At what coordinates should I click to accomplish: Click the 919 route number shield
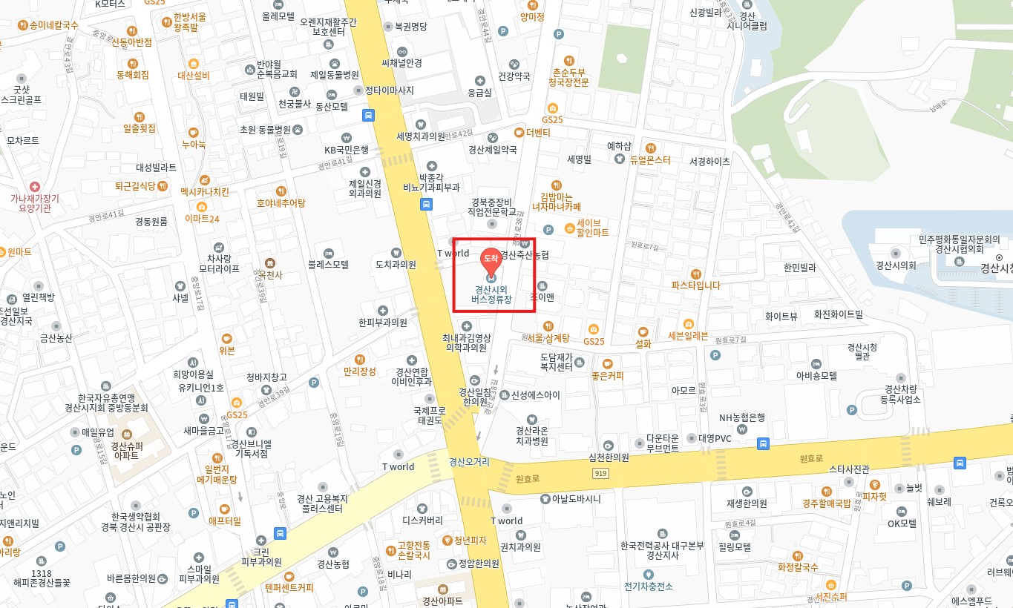pyautogui.click(x=600, y=473)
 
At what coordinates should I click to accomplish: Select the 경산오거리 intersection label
pyautogui.click(x=469, y=461)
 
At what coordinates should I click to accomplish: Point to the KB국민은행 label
pyautogui.click(x=346, y=149)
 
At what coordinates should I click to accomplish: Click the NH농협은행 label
pyautogui.click(x=741, y=417)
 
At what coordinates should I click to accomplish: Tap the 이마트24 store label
pyautogui.click(x=202, y=218)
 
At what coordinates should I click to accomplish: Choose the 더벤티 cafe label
pyautogui.click(x=537, y=133)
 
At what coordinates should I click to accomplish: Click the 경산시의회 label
pyautogui.click(x=896, y=265)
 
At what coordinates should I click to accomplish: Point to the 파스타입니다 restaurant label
pyautogui.click(x=695, y=285)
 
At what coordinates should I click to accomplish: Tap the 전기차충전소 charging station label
pyautogui.click(x=648, y=586)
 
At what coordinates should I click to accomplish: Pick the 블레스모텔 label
pyautogui.click(x=329, y=263)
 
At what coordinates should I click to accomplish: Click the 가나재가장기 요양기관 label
pyautogui.click(x=35, y=203)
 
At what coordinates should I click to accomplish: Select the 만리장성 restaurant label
pyautogui.click(x=359, y=371)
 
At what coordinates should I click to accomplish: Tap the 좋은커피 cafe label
pyautogui.click(x=608, y=376)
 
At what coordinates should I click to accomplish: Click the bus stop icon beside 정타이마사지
pyautogui.click(x=368, y=115)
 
